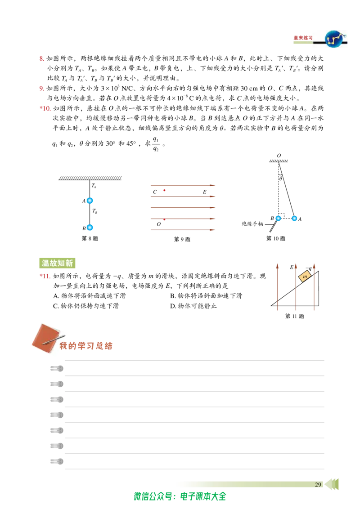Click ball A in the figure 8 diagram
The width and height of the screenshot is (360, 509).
click(90, 201)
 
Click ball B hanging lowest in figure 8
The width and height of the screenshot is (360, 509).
click(90, 228)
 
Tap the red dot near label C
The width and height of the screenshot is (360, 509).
click(164, 190)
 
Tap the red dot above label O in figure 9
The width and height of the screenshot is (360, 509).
click(164, 219)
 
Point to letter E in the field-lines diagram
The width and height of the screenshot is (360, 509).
click(204, 192)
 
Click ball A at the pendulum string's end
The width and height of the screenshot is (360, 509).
click(294, 219)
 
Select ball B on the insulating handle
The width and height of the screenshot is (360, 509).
click(278, 219)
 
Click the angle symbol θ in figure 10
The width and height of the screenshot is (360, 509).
click(281, 178)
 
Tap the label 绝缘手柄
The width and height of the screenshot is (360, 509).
click(252, 223)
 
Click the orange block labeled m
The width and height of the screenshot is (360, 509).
click(305, 277)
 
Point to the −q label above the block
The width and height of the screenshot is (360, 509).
click(309, 268)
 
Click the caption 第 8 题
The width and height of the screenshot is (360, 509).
click(90, 238)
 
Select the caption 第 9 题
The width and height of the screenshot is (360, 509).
click(182, 239)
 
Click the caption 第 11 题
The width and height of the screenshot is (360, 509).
click(294, 316)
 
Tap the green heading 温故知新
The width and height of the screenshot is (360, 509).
click(57, 263)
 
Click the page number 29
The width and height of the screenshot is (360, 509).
click(318, 484)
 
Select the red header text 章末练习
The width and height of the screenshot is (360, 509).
click(303, 38)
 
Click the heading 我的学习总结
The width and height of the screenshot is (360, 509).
click(86, 346)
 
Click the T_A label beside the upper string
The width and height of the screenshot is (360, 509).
click(94, 186)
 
